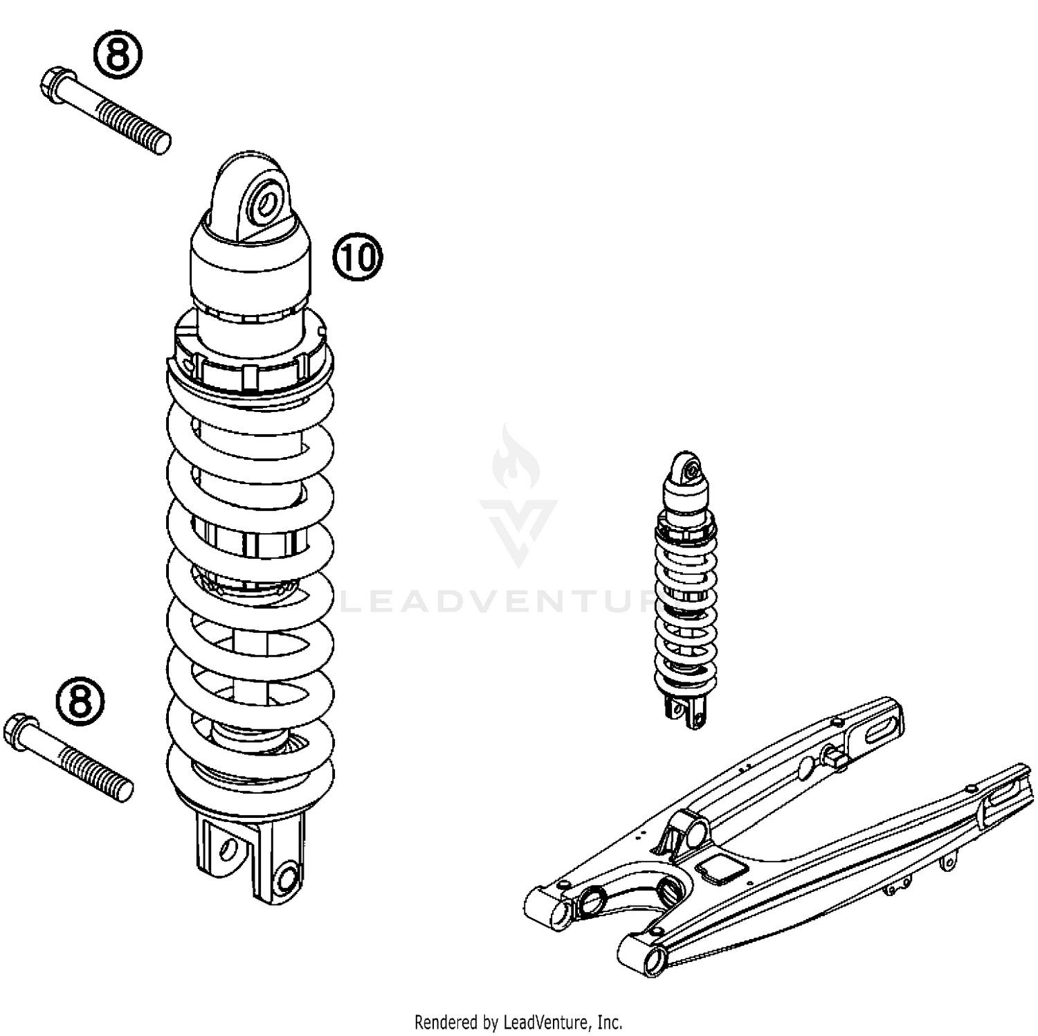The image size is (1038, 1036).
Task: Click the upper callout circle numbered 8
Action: point(118,55)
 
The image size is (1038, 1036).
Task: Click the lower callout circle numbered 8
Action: point(80,701)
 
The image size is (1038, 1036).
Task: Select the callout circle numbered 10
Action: point(357,257)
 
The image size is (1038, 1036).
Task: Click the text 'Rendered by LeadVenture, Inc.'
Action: point(518,1021)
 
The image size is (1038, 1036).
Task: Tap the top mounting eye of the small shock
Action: point(687,469)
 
